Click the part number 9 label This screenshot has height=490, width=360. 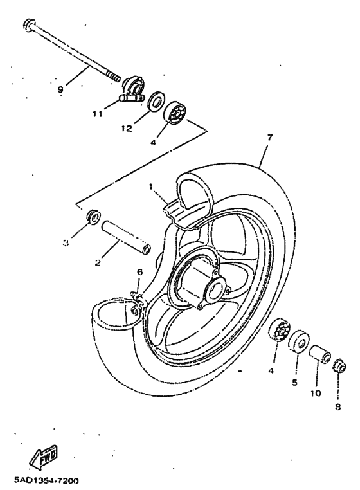point(60,90)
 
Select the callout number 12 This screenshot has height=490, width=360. point(126,128)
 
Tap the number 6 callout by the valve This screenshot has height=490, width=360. point(139,273)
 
